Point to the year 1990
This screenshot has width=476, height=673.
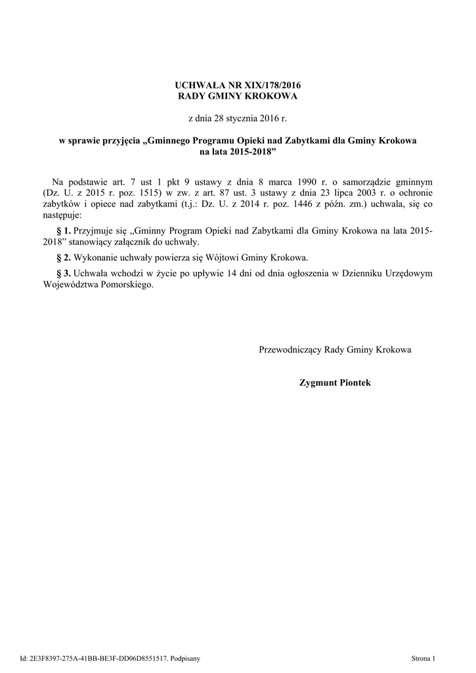coord(302,181)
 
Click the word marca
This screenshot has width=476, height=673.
coord(274,181)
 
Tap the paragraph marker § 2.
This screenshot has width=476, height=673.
coord(64,257)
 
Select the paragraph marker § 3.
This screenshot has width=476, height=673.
coord(64,273)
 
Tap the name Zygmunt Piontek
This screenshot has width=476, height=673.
coord(335,382)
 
